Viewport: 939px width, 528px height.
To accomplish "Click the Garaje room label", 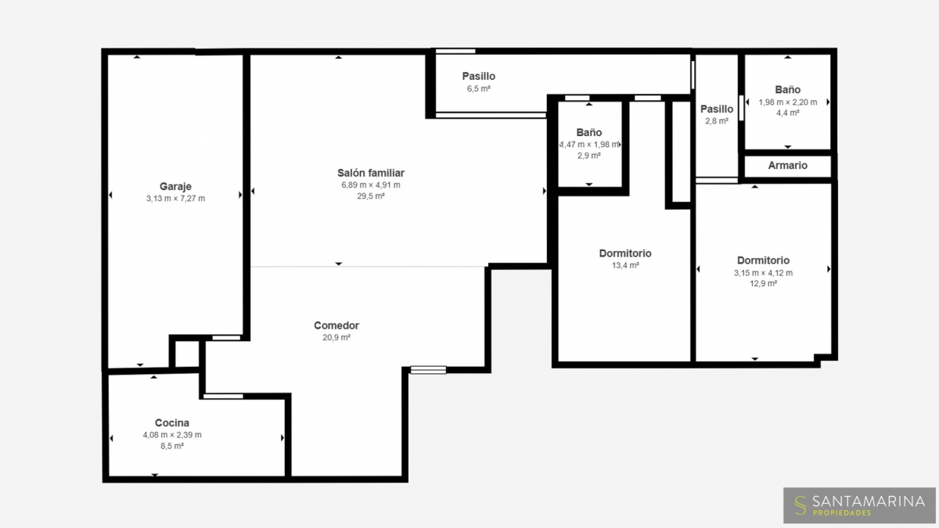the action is coord(175,186).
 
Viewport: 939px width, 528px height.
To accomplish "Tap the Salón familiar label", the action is coord(371,173).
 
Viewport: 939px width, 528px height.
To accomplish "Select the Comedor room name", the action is coord(336,325).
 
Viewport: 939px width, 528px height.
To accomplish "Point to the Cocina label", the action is coord(172,423).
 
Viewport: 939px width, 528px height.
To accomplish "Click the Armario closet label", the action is coord(788,166).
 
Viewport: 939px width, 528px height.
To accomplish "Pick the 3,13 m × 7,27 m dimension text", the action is coord(175,199).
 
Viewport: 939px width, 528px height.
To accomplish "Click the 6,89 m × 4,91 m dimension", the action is coord(371,185).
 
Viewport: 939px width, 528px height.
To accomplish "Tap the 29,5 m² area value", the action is coord(371,196).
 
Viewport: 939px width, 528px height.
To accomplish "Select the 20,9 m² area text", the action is coord(336,337).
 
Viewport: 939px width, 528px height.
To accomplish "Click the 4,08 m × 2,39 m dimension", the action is coord(172,435).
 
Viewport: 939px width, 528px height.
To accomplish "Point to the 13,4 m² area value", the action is coord(625,265).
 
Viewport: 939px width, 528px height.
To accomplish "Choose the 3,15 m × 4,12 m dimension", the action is coord(763,273).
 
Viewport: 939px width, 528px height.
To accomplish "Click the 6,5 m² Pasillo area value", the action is coord(479,88).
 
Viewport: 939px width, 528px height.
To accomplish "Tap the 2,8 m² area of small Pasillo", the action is coord(717,121).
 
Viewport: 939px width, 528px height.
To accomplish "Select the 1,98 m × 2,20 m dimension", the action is coord(788,102).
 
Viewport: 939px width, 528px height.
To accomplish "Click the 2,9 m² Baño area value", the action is coord(589,156).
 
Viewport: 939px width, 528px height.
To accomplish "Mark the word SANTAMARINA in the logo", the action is coord(869,501).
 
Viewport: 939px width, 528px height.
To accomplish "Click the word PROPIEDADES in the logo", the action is coord(842,513).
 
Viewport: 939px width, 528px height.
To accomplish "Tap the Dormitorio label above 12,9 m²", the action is coord(763,260).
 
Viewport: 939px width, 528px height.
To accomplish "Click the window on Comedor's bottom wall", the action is coord(428,369).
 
